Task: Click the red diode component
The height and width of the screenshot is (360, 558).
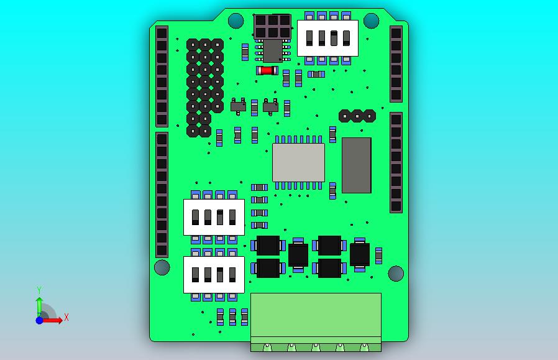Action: (267, 70)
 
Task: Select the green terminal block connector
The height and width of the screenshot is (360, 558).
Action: (316, 318)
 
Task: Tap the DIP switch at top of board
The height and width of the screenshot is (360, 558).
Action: (327, 38)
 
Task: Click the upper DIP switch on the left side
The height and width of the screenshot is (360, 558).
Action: (214, 217)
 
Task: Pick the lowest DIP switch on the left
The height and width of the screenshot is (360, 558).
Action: (214, 274)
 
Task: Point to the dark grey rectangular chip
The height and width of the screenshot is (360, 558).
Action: (357, 165)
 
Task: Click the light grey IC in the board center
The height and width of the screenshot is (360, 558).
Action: (298, 162)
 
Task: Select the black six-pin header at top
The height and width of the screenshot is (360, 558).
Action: (272, 26)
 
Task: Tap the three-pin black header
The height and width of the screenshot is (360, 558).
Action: (357, 116)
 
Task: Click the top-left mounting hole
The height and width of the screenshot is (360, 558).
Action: (236, 21)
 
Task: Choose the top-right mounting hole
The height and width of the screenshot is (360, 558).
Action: (371, 21)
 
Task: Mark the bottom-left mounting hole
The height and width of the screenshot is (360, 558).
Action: (162, 268)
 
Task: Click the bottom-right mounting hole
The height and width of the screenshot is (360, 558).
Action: (396, 273)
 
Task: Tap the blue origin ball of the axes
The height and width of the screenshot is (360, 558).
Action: (39, 320)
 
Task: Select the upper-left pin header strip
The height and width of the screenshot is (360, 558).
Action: (162, 76)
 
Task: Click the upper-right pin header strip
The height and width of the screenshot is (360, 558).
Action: (396, 63)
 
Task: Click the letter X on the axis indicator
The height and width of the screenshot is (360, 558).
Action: (66, 317)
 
